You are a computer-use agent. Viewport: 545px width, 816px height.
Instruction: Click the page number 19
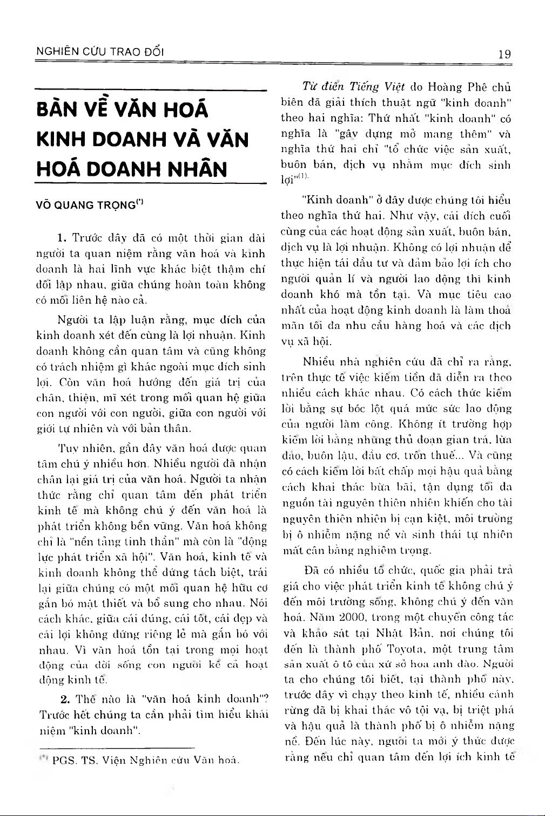504,53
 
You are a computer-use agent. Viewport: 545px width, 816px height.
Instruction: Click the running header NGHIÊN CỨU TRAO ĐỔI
99,52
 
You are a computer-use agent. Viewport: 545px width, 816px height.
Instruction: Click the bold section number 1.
61,237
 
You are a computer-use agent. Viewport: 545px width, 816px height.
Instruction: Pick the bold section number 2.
65,700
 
